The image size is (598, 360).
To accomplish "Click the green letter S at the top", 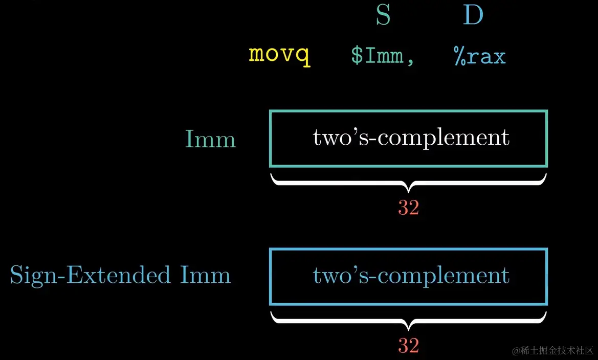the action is pyautogui.click(x=383, y=16).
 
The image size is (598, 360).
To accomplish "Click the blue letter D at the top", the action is pyautogui.click(x=473, y=16).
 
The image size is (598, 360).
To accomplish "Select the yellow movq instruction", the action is pyautogui.click(x=279, y=55).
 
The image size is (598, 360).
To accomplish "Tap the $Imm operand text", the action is pyautogui.click(x=378, y=55).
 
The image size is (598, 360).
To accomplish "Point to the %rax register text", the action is pyautogui.click(x=479, y=55).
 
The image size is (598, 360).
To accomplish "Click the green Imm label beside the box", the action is pyautogui.click(x=210, y=139).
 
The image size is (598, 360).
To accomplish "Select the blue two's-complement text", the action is pyautogui.click(x=411, y=276).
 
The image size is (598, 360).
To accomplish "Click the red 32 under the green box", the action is pyautogui.click(x=408, y=208).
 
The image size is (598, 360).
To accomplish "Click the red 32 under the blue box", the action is pyautogui.click(x=408, y=346).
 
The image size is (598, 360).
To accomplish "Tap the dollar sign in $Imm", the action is pyautogui.click(x=357, y=55).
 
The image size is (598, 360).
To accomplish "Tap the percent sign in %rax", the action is pyautogui.click(x=459, y=55).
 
